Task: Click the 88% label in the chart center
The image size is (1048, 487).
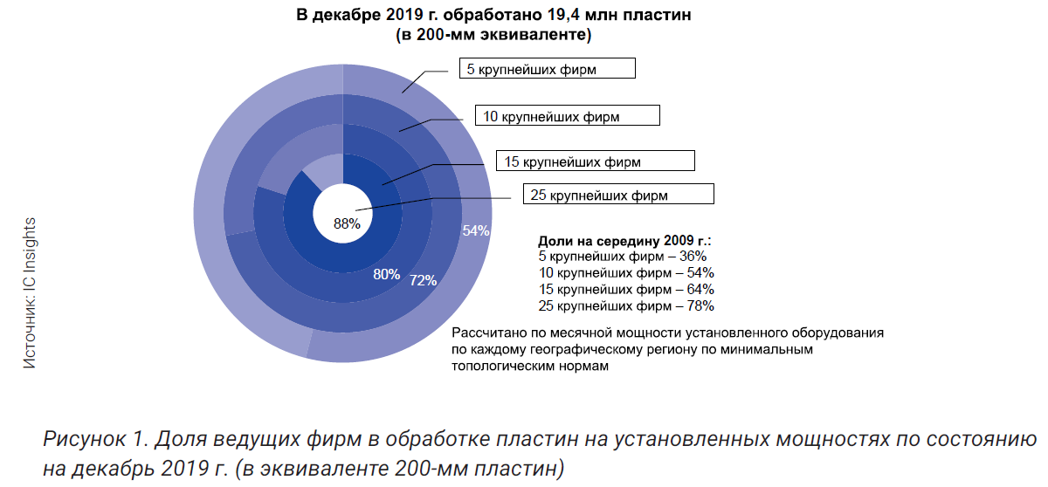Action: coord(347,223)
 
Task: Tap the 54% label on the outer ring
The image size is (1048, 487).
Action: coord(475,231)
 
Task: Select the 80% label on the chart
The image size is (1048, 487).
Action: coord(386,274)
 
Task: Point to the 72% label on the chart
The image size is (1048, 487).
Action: coord(423,280)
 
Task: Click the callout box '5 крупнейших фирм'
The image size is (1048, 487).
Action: coord(546,69)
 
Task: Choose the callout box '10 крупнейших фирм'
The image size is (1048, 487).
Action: coord(567,114)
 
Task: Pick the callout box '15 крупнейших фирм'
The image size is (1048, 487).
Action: coord(596,161)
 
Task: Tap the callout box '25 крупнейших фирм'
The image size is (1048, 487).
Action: coord(617,195)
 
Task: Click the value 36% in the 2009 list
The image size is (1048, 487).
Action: coord(692,257)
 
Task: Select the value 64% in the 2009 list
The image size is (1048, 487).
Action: coord(700,289)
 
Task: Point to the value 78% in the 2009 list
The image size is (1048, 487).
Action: coord(700,305)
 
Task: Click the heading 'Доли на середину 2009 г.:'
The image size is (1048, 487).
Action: coord(624,239)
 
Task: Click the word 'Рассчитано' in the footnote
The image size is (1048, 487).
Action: coord(486,333)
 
